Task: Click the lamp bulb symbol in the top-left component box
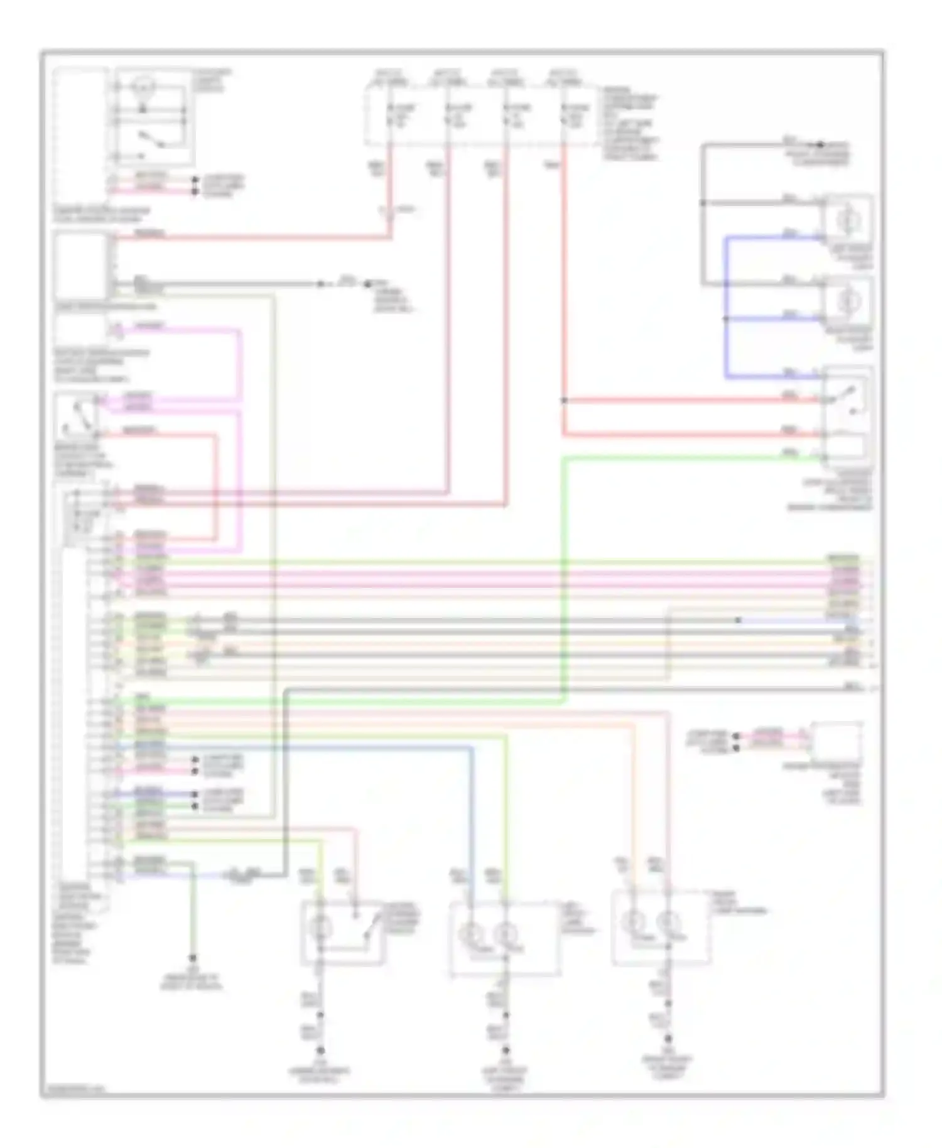coord(144,85)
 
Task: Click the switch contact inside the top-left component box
coord(151,139)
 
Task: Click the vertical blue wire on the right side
coord(726,308)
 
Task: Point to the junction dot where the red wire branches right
coord(564,400)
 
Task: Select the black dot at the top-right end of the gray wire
coord(820,144)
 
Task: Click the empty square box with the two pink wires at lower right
coord(836,741)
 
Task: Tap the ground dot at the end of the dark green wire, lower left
coord(192,958)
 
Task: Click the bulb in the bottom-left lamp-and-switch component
coord(321,927)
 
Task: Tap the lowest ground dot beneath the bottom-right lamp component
coord(668,1039)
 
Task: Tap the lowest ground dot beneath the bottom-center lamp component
coord(506,1050)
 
